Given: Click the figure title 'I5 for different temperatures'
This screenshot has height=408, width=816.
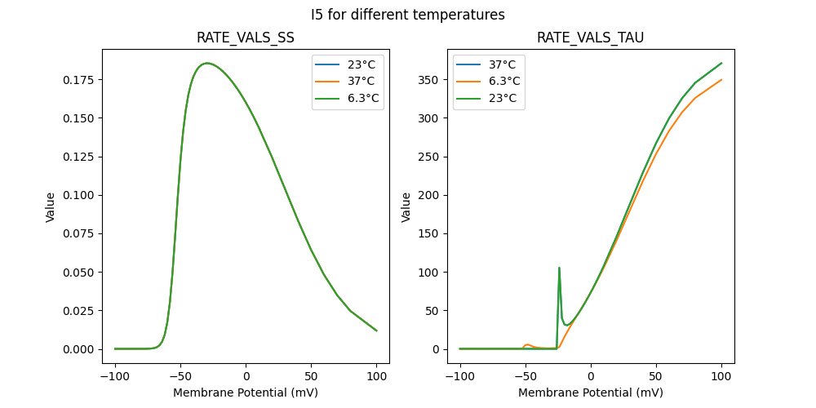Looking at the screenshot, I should (407, 15).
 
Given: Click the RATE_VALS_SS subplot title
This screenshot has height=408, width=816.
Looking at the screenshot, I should (245, 38).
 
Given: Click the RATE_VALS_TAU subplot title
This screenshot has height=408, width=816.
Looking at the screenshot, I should (590, 38).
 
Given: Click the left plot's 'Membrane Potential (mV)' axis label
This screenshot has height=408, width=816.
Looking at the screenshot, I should (245, 392).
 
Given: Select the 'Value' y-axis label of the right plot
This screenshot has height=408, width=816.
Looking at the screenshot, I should (406, 206).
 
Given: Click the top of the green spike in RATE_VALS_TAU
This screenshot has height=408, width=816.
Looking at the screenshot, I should (559, 268).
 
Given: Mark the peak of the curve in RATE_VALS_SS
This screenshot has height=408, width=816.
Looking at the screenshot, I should (207, 63).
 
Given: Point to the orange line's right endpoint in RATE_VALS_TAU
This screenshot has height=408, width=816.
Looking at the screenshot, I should (721, 80).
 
